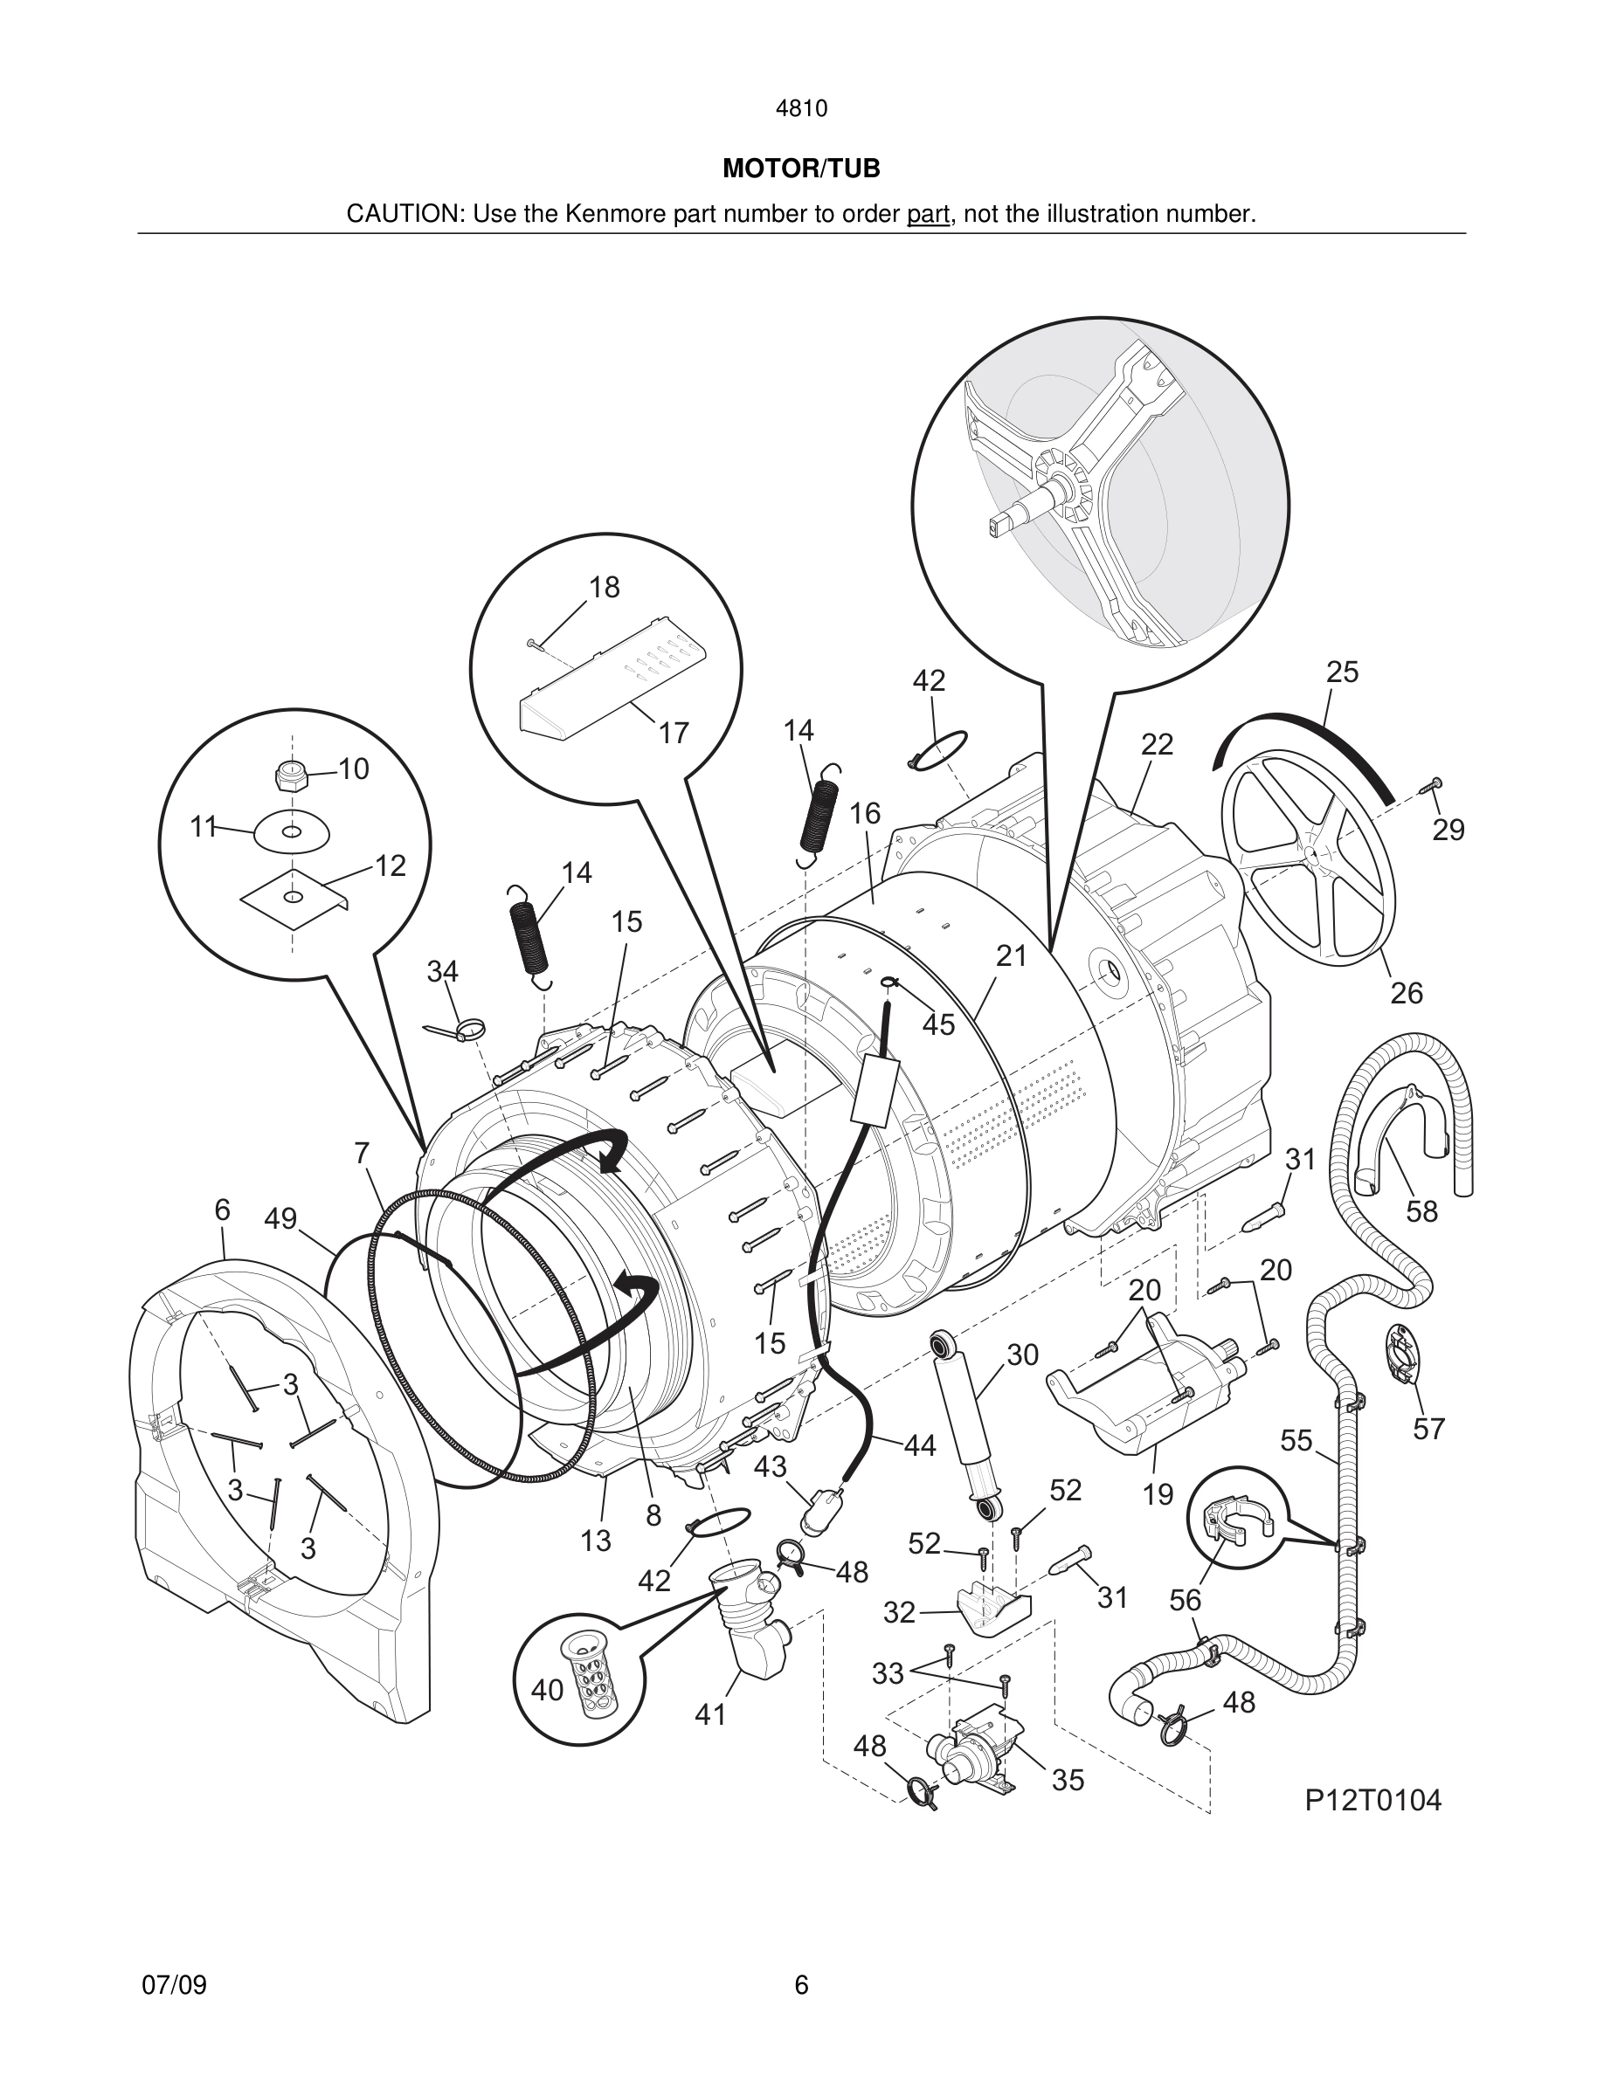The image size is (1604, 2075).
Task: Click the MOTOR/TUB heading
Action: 801,169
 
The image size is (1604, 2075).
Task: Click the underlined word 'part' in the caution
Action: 928,215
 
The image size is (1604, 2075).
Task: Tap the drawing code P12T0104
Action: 1372,1801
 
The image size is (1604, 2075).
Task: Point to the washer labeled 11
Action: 292,832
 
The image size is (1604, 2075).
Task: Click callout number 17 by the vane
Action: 673,734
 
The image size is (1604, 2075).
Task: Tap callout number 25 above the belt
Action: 1342,672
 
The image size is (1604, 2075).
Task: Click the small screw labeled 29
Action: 1431,785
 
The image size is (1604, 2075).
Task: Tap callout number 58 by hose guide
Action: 1421,1211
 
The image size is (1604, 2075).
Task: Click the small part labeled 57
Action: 1401,1355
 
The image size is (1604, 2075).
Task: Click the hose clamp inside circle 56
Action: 1233,1520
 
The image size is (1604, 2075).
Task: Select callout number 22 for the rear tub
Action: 1157,744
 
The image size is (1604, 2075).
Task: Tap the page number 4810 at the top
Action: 801,109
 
